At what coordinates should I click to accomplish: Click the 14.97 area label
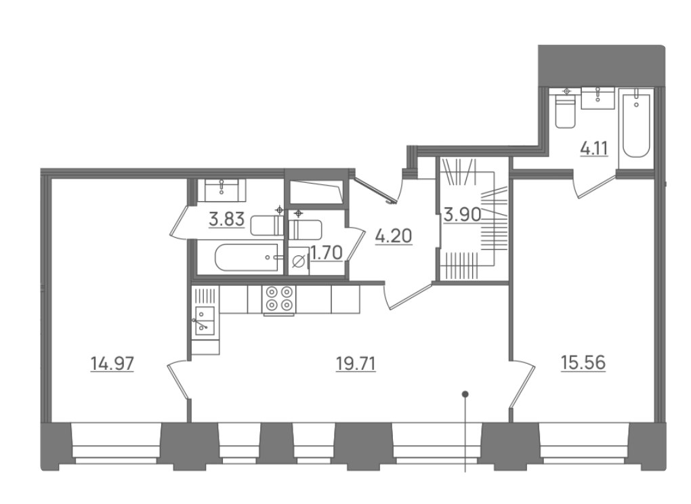pos(112,364)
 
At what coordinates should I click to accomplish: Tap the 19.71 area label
pos(356,364)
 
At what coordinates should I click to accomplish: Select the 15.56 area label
pos(583,364)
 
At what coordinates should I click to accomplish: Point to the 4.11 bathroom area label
pos(594,149)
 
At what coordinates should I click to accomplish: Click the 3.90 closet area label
pos(462,215)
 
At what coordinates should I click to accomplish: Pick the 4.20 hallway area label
pos(394,236)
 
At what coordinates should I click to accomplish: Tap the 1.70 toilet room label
pos(327,253)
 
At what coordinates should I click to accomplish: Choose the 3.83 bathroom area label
pos(226,219)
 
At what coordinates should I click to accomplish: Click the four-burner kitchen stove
pos(278,299)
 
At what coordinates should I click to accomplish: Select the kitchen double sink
pos(205,320)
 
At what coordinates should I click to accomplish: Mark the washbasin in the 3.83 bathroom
pos(222,190)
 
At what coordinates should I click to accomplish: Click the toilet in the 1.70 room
pos(305,229)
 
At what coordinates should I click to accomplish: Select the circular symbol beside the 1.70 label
pos(299,261)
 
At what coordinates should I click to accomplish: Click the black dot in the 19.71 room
pos(465,394)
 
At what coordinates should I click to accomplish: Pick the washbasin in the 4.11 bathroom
pos(598,98)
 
